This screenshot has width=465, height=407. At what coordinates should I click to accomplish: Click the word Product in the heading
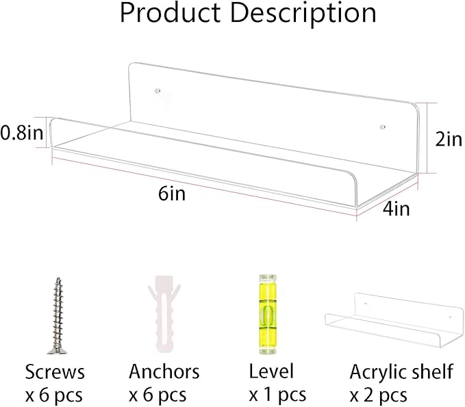171,12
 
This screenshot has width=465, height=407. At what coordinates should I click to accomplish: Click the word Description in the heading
303,14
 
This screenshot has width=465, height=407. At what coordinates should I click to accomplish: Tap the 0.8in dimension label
22,133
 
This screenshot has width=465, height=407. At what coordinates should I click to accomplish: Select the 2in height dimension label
449,139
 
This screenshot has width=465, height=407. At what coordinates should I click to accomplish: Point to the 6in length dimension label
172,194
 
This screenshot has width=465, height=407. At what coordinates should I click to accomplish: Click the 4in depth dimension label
397,209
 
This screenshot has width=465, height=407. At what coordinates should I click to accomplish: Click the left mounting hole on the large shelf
158,91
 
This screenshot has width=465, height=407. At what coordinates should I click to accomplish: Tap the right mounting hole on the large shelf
383,127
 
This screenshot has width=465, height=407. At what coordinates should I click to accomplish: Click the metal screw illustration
58,316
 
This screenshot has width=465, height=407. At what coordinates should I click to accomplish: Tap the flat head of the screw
57,351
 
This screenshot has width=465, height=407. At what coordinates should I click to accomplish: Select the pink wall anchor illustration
164,314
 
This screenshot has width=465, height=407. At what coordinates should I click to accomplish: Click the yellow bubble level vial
268,314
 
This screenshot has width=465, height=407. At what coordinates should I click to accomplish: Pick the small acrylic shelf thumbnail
394,320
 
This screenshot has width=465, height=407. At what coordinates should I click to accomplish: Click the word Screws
55,371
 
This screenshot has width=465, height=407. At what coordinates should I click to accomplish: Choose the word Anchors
164,371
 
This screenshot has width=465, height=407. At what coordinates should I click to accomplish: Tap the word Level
271,371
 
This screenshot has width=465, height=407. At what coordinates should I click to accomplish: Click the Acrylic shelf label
401,372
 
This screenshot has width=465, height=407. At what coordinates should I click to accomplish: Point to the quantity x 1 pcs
277,395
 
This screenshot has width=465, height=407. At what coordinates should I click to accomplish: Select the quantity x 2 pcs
378,395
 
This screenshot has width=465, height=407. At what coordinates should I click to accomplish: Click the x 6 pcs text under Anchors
158,395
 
